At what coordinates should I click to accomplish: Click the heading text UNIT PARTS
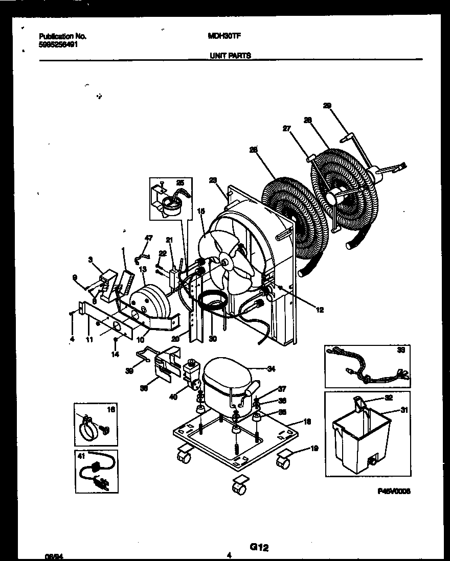(x=230, y=56)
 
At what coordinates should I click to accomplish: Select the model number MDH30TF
(x=225, y=37)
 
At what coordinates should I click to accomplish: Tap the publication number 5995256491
(x=59, y=44)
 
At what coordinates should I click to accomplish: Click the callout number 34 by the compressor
(x=271, y=368)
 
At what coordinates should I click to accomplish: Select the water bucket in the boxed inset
(x=361, y=439)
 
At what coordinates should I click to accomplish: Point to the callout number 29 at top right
(x=327, y=106)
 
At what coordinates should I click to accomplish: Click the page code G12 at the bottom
(x=259, y=547)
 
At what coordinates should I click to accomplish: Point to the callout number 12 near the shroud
(x=320, y=310)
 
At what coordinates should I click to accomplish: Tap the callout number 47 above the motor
(x=148, y=238)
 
